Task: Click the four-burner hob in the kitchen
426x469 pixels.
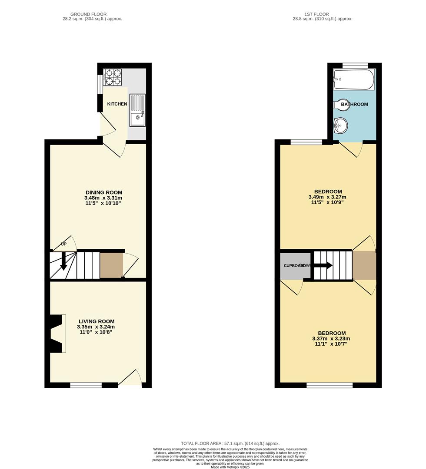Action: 113,76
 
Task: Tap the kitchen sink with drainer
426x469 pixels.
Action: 137,110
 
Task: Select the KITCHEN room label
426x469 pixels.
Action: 117,104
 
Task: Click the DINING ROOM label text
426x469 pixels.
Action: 103,192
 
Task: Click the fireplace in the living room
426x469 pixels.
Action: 57,334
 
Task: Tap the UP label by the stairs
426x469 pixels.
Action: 63,244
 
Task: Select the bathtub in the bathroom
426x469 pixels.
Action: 354,79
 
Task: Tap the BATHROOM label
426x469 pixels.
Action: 354,104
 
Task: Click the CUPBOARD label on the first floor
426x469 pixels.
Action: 294,265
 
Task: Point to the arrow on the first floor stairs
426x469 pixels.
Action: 323,265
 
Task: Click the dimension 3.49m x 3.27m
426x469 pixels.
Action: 328,197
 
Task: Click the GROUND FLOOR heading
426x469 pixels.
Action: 92,14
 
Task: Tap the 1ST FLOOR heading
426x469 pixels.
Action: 323,14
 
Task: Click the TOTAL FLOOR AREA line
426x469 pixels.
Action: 230,443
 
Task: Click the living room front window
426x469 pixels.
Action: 86,385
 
